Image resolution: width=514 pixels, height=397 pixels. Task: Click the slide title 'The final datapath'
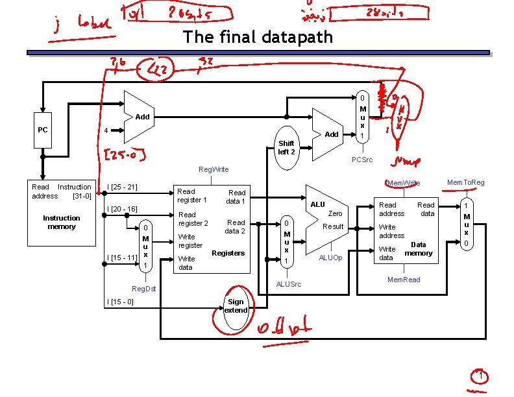pos(258,36)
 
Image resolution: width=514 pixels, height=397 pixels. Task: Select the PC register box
pos(43,130)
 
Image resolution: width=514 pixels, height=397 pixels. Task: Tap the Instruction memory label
pos(62,223)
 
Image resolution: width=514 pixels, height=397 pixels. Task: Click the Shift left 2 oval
pos(286,147)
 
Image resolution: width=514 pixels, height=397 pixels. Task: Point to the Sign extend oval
pos(236,306)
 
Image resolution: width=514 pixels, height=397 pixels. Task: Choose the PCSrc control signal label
pos(362,160)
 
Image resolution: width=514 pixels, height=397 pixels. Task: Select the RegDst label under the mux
pos(143,288)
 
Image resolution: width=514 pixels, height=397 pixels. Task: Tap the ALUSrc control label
pos(288,284)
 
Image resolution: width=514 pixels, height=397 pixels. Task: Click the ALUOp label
pos(330,258)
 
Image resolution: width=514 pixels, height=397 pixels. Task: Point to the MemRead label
pos(403,280)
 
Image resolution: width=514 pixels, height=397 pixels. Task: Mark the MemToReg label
pos(466,183)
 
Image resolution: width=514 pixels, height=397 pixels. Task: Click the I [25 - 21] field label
pos(122,187)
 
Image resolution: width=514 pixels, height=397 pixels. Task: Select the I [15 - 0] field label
pos(120,302)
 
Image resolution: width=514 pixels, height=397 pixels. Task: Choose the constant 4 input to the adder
pos(106,130)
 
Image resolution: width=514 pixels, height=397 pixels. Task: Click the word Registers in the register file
pos(228,253)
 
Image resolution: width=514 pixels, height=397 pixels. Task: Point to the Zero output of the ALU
pos(335,213)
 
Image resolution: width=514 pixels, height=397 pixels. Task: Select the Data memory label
pos(418,248)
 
